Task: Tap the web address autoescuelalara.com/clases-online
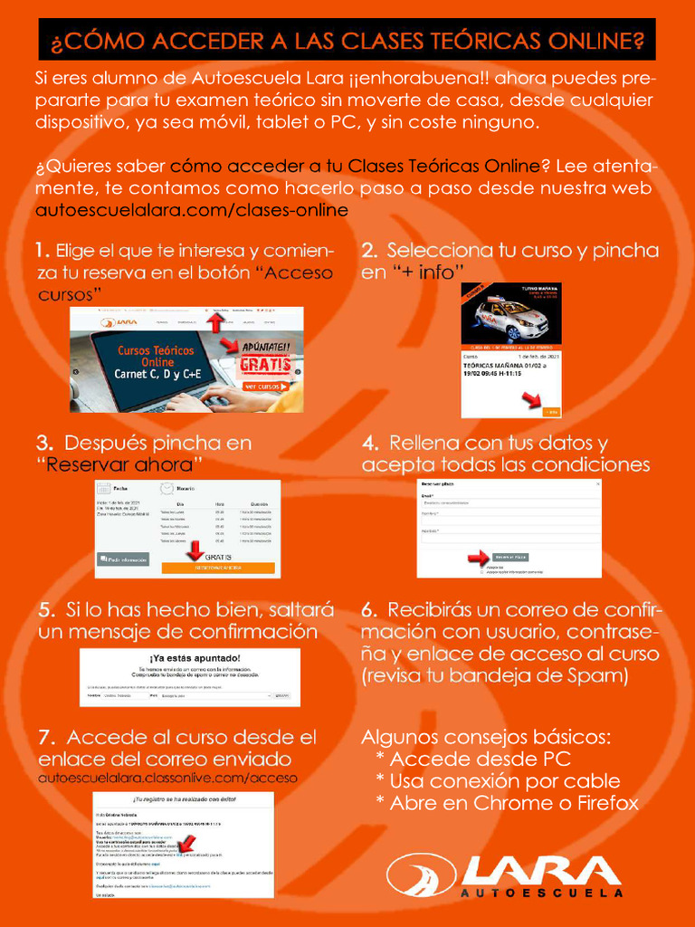click(x=191, y=211)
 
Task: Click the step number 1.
click(x=42, y=250)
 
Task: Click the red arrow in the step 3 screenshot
click(x=193, y=549)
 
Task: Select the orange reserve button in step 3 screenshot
click(x=217, y=568)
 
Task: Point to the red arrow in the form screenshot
click(x=478, y=558)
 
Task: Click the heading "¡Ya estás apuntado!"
click(x=195, y=656)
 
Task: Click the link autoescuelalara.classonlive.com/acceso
click(x=167, y=778)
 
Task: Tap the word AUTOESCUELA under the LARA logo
click(x=541, y=892)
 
